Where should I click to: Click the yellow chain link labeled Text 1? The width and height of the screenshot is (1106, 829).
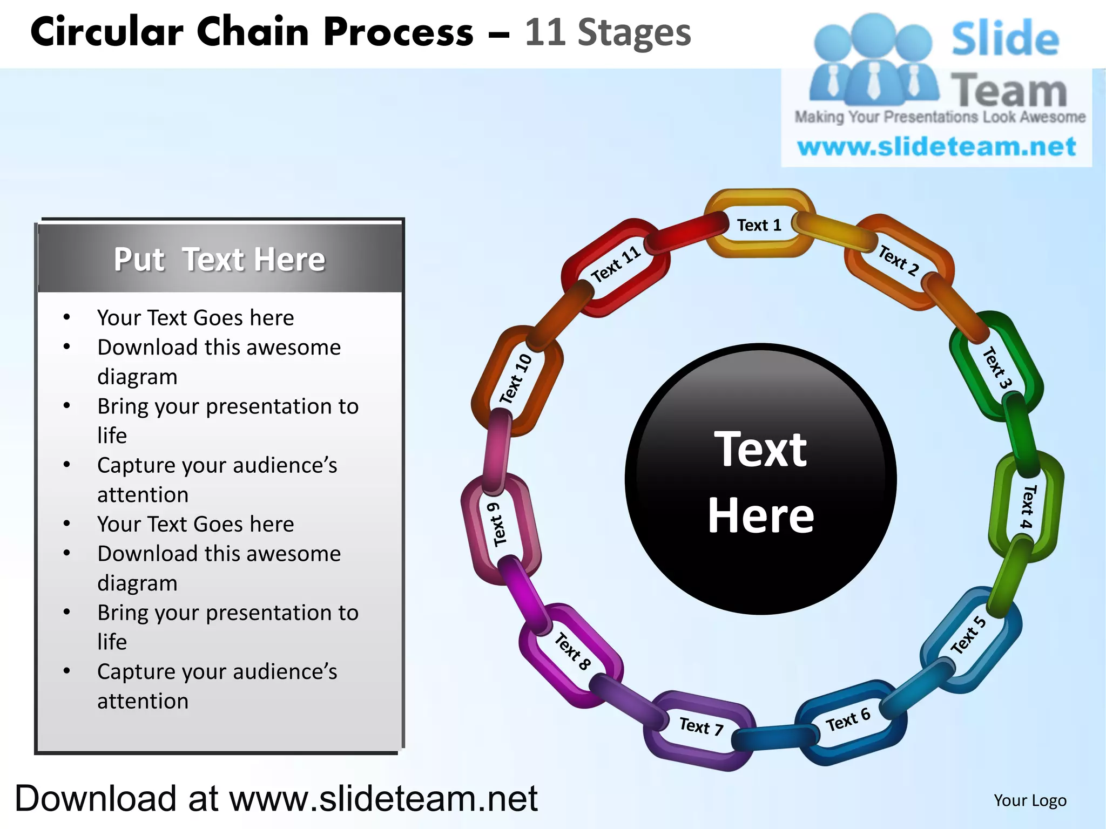pyautogui.click(x=759, y=225)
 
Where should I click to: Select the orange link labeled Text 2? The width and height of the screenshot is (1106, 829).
pyautogui.click(x=899, y=261)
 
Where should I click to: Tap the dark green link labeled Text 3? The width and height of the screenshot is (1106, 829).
pyautogui.click(x=996, y=367)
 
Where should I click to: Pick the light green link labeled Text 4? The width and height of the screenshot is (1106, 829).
pyautogui.click(x=1027, y=506)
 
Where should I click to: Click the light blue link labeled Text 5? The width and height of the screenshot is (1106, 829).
pyautogui.click(x=969, y=636)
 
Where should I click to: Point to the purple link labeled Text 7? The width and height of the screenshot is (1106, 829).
pyautogui.click(x=700, y=726)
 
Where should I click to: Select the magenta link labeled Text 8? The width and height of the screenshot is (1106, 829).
pyautogui.click(x=572, y=651)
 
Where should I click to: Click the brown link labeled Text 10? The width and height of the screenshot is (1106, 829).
pyautogui.click(x=515, y=379)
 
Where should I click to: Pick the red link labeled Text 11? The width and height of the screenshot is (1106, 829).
pyautogui.click(x=616, y=264)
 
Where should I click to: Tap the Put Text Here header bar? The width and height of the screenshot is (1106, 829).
pyautogui.click(x=220, y=259)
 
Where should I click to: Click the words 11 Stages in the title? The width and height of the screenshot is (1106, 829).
pyautogui.click(x=608, y=32)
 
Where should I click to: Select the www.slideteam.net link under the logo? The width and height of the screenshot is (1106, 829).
pyautogui.click(x=936, y=147)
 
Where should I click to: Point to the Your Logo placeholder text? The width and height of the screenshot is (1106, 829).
pyautogui.click(x=1030, y=800)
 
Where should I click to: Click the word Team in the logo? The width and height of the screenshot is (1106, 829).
pyautogui.click(x=1009, y=91)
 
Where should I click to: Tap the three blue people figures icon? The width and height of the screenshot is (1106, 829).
pyautogui.click(x=873, y=59)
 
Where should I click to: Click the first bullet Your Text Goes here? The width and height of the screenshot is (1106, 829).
pyautogui.click(x=195, y=318)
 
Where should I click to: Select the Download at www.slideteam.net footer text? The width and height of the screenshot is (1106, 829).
pyautogui.click(x=276, y=798)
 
